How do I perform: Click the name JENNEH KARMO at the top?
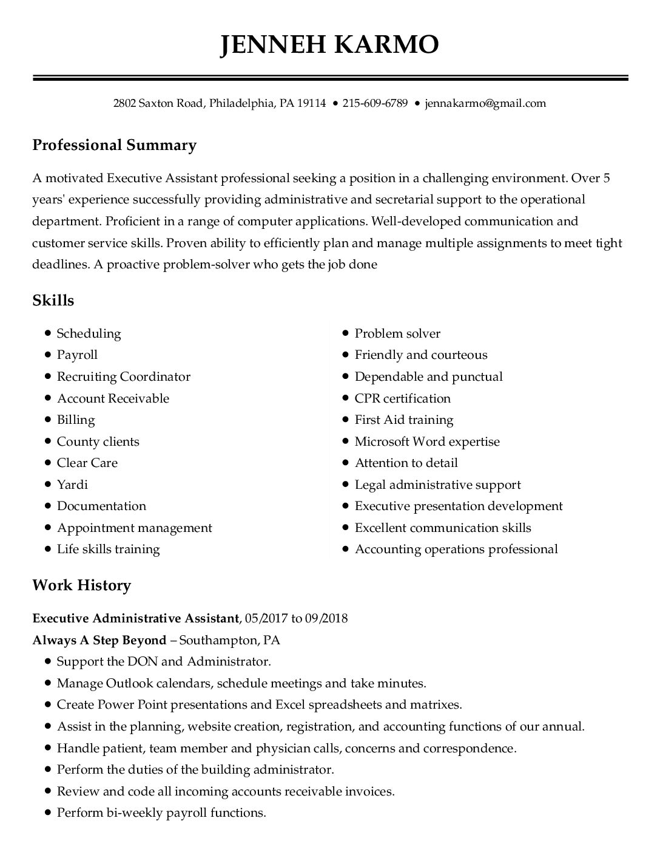329,44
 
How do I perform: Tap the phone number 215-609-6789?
375,103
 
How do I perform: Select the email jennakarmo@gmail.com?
485,103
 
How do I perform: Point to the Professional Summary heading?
114,145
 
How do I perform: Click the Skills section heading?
53,301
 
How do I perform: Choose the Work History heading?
81,585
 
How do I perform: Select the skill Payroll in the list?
77,355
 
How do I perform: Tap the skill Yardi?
72,485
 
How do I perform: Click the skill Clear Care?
87,463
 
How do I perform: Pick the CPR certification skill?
403,398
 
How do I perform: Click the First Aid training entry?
404,420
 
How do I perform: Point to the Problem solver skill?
397,333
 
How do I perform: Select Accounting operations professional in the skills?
456,550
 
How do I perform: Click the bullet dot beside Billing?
47,420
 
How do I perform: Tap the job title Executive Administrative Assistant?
136,619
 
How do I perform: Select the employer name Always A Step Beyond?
99,640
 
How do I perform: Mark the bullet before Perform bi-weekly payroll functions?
47,812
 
